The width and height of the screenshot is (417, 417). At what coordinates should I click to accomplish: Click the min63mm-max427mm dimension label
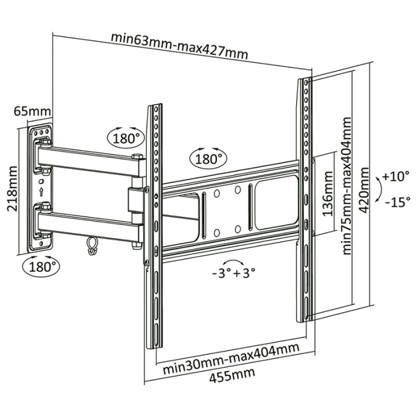(179, 46)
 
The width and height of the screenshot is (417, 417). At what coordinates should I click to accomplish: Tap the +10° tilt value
(396, 177)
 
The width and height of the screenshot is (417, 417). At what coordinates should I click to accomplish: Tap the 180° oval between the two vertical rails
(208, 158)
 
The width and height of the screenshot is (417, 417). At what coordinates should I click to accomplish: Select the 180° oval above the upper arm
(126, 138)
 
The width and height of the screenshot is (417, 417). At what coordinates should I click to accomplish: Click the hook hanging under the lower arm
(91, 245)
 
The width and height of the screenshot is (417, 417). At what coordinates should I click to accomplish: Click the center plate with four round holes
(227, 210)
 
